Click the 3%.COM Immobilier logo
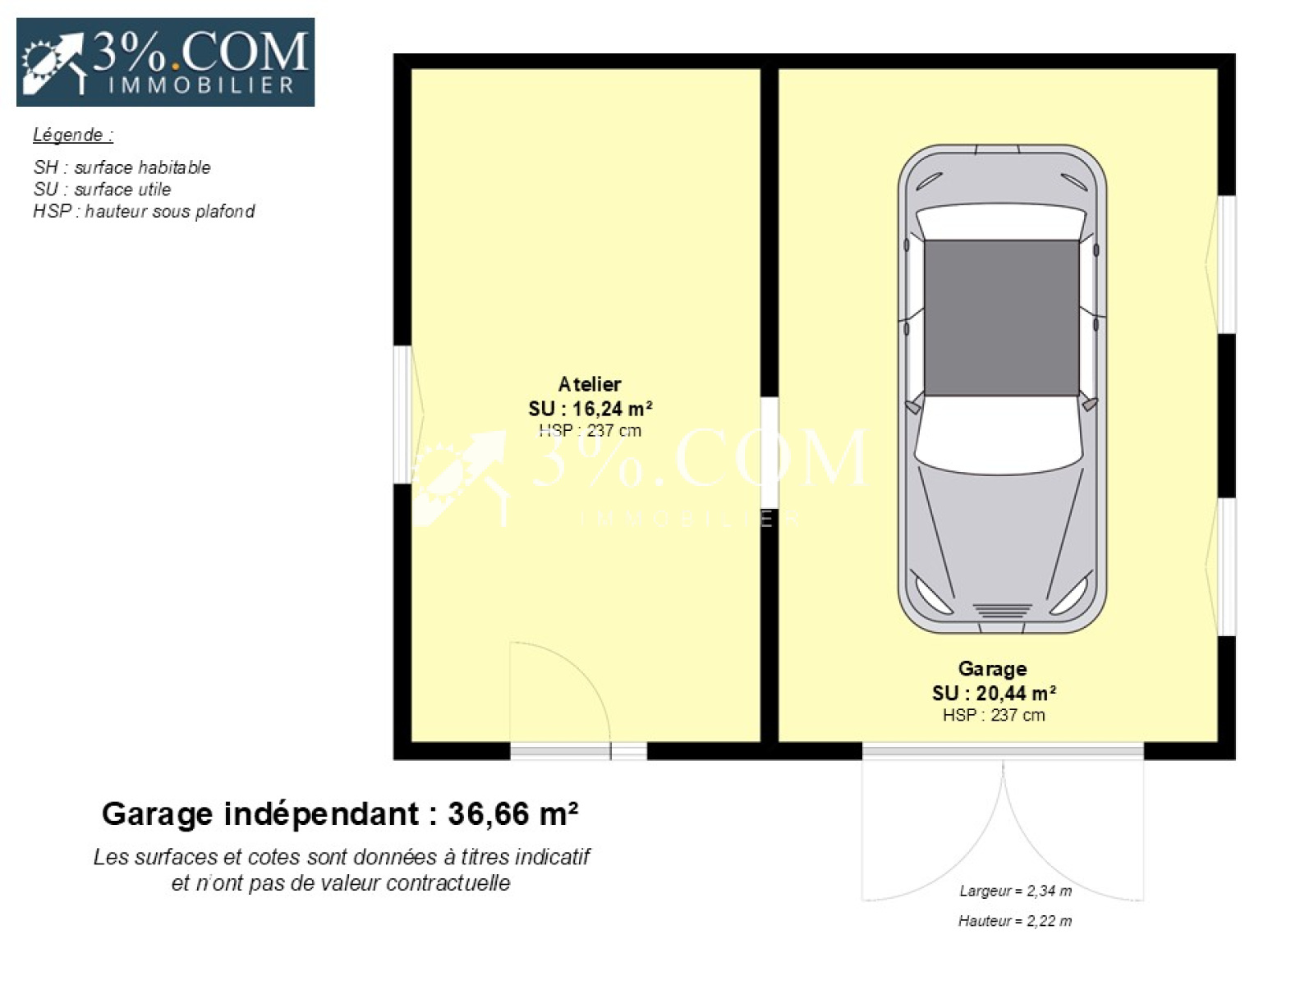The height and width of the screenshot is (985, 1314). (165, 62)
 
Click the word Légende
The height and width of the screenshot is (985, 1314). (67, 135)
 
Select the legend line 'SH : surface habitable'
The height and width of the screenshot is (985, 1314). (122, 167)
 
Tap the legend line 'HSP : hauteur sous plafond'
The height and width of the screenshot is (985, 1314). (144, 211)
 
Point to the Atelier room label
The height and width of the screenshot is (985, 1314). (590, 384)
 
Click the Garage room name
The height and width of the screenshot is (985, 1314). (993, 669)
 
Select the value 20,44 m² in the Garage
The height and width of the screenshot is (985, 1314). (1016, 693)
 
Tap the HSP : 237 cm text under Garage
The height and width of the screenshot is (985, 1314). (994, 715)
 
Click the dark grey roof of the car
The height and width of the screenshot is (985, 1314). (1001, 318)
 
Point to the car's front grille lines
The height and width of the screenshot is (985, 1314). (1002, 612)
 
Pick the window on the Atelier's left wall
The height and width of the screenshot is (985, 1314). (403, 415)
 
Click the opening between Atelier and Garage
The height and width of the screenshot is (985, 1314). (770, 453)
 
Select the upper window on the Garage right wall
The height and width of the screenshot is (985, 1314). (1227, 265)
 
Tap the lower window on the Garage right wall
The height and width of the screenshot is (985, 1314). (1227, 567)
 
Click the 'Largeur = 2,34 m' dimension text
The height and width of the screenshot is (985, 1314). (1015, 891)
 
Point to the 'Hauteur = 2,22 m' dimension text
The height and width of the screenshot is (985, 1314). (1015, 921)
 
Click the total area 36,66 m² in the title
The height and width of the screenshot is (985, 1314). (513, 814)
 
